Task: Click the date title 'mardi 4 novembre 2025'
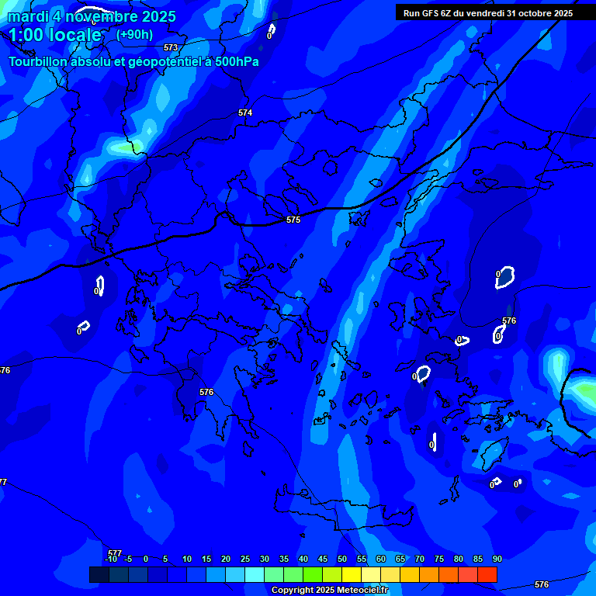coord(92,16)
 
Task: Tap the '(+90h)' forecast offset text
coord(134,34)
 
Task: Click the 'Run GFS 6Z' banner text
coord(488,13)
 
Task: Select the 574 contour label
coord(245,113)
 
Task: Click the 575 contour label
coord(293,220)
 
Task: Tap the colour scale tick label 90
coord(497,559)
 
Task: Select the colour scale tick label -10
coord(110,559)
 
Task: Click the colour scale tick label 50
coord(342,559)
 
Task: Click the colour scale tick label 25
coord(245,559)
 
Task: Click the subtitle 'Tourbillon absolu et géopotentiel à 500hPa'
coord(133,61)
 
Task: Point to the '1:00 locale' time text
coord(55,35)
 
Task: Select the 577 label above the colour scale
coord(115,553)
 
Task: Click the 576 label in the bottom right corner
coord(542,584)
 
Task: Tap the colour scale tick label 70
coord(420,559)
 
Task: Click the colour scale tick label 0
coord(146,559)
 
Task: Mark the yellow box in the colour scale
coord(352,574)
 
